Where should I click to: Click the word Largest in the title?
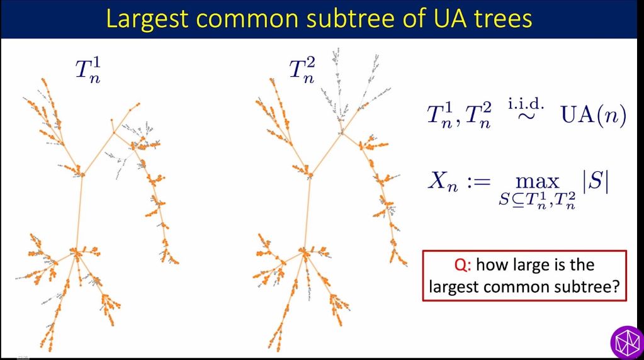coord(147,19)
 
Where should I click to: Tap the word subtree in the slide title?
coord(348,19)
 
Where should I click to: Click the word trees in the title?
coord(500,19)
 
